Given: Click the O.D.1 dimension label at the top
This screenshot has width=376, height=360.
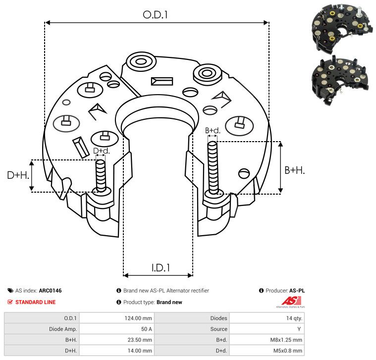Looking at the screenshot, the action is [155, 15].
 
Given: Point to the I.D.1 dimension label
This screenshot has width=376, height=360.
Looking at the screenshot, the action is [161, 268].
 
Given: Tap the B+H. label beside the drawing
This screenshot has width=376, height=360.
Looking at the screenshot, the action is [294, 170].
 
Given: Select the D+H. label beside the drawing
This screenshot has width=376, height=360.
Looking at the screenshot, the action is [18, 175].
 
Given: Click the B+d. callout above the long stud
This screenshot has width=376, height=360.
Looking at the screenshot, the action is [213, 131].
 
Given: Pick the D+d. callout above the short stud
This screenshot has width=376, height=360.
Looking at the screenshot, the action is [102, 151].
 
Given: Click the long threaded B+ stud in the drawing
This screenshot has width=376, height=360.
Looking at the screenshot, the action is [213, 167].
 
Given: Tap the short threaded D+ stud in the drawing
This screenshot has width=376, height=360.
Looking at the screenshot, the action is [101, 176].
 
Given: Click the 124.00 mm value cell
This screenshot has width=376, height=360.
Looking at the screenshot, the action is [138, 318].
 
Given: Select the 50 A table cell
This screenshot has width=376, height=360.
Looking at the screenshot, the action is [146, 329].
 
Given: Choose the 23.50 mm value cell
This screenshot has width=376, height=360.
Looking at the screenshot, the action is [140, 340].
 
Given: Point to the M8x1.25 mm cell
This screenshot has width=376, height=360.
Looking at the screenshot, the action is [286, 340].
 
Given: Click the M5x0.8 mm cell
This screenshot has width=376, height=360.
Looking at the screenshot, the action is [287, 351].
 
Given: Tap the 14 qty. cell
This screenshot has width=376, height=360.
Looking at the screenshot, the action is [294, 318].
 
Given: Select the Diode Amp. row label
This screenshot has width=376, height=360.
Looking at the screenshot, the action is [63, 329].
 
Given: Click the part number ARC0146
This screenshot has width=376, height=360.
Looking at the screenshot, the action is [50, 291].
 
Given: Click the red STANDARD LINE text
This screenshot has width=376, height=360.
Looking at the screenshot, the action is [36, 302].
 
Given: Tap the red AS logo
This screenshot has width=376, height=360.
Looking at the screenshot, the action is [291, 301].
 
